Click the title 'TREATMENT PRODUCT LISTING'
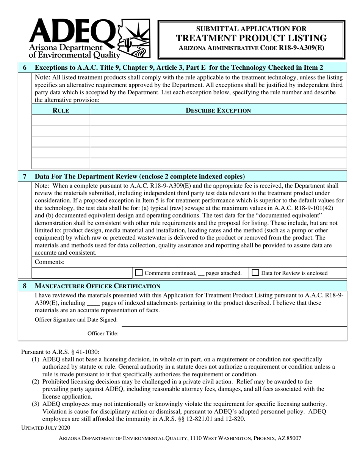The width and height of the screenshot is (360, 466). coord(251,38)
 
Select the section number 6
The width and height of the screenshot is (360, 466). coord(25,68)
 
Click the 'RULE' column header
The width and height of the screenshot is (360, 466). coord(61,110)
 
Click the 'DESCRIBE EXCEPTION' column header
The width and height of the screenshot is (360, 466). coord(218,110)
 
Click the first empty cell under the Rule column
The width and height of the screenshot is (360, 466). coord(61,120)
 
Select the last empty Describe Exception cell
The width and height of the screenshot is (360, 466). coord(218,163)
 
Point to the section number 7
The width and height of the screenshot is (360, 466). coord(25,176)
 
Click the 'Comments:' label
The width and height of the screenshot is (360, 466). coord(50,262)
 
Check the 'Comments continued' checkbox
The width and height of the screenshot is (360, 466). coord(139,273)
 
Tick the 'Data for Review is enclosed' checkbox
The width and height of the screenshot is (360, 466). coord(256,273)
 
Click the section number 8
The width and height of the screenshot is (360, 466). coord(25,286)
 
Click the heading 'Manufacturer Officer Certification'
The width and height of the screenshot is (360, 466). coord(97,286)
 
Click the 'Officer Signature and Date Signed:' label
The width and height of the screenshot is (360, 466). coord(76,320)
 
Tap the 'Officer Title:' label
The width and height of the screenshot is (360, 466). coord(103,333)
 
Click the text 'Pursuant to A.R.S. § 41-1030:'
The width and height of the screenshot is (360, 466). coord(60,352)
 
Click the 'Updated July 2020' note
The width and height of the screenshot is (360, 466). coord(45,427)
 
